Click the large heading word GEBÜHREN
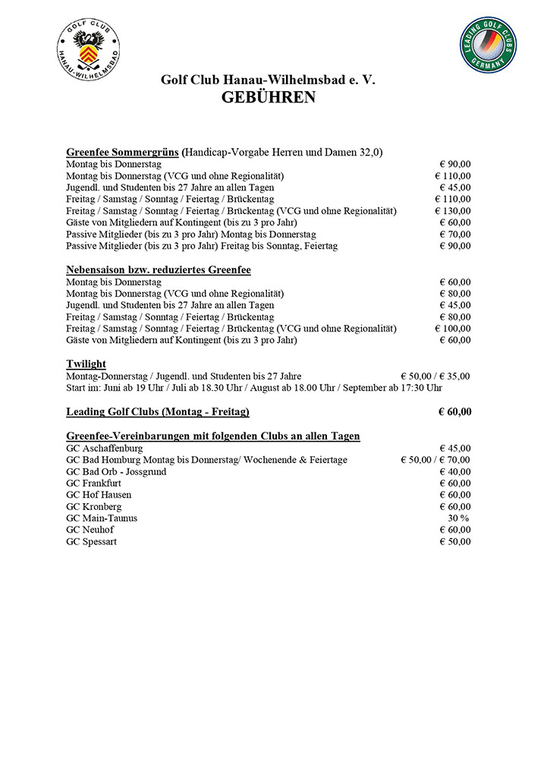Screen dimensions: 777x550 coord(269,97)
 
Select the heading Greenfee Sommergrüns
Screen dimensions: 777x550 coord(122,152)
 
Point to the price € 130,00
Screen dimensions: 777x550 coord(453,211)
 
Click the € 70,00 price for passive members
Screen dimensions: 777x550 coord(455,234)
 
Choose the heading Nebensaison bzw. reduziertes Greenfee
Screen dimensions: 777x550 coord(159,269)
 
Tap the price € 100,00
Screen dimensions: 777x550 coord(453,329)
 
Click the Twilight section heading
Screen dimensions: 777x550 coord(86,364)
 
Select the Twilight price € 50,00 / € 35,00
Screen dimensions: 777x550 coord(435,376)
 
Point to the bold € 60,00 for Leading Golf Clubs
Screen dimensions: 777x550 coord(454,412)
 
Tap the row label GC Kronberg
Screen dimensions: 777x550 coord(93,507)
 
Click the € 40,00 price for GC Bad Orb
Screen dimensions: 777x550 coord(455,472)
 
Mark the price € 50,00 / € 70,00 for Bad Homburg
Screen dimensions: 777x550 coord(435,460)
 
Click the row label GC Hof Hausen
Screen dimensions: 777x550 coord(99,495)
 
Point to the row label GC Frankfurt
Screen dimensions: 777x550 coord(94,483)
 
